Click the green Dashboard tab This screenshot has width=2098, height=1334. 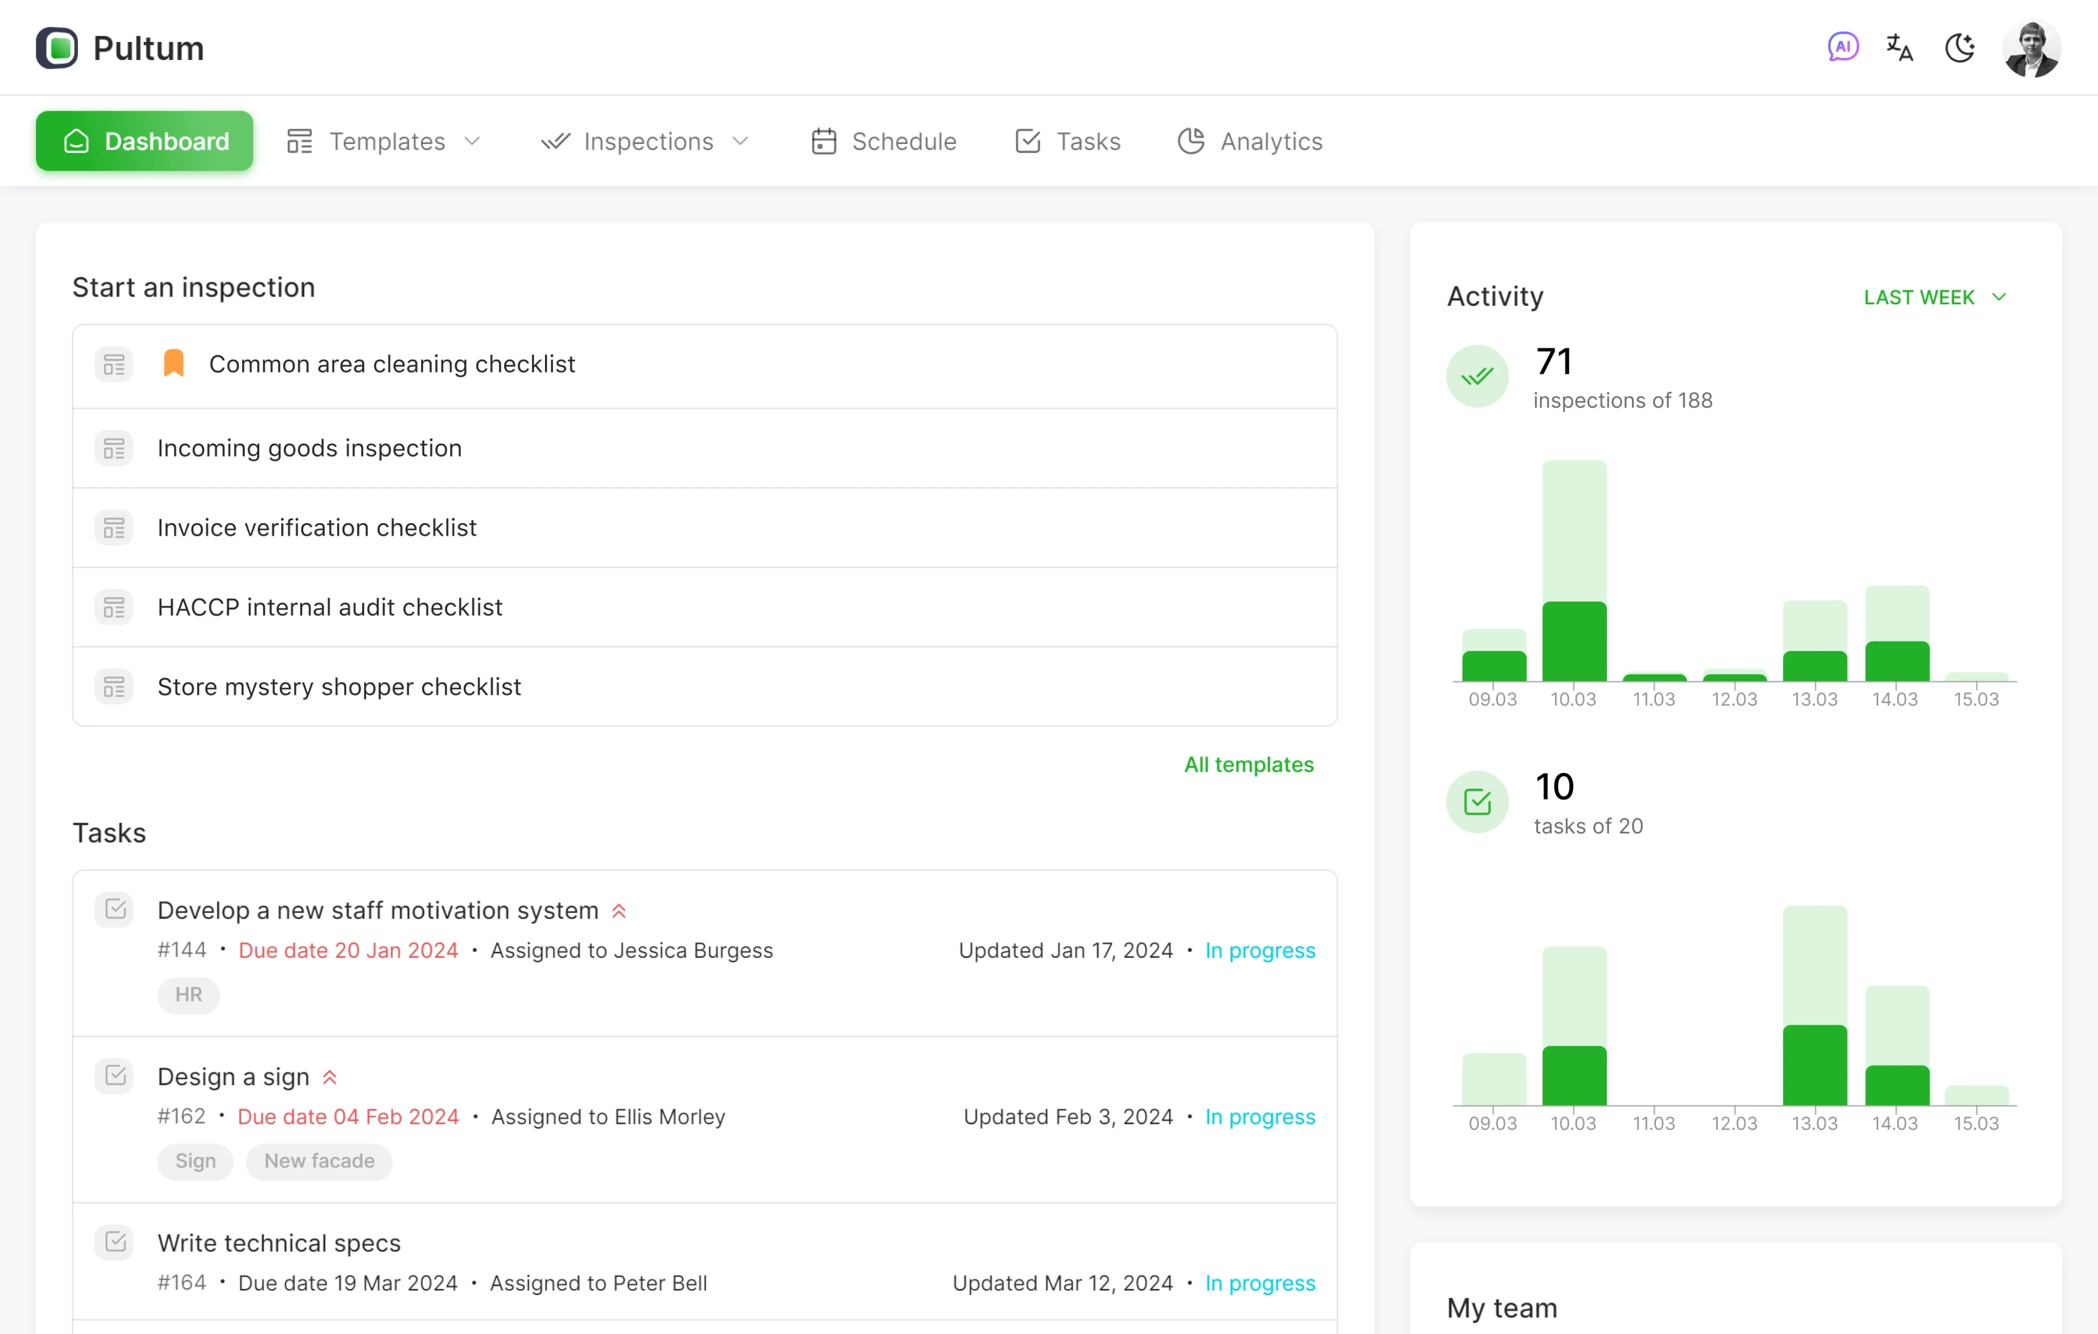click(x=144, y=141)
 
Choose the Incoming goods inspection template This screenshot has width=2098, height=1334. click(x=309, y=448)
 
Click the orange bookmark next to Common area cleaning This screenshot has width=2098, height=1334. click(x=173, y=363)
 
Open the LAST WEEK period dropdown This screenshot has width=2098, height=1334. click(x=1934, y=297)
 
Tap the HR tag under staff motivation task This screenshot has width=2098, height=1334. click(x=188, y=994)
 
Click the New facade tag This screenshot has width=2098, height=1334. click(x=319, y=1161)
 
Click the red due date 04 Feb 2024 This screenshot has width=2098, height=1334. click(x=348, y=1116)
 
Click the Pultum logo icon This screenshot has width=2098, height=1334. click(x=57, y=48)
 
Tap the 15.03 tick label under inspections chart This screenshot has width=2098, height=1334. click(x=1975, y=699)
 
